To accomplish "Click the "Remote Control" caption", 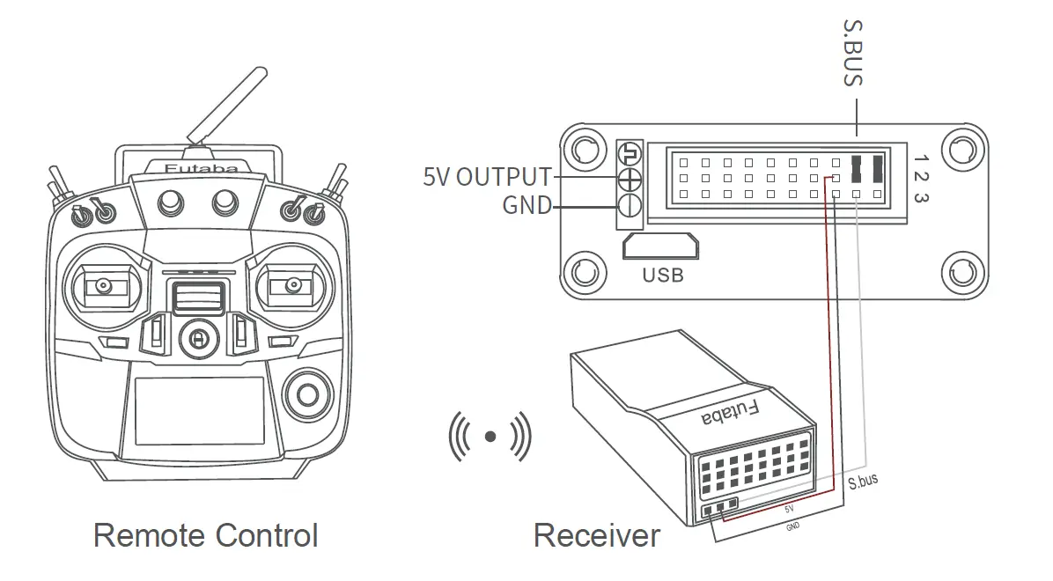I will (x=205, y=535).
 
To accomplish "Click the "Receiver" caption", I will (x=596, y=535).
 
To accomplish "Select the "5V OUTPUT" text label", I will (x=487, y=177).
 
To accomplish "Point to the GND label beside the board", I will (x=526, y=206).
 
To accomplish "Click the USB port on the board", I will (x=660, y=247).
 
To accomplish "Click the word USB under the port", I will (x=662, y=276).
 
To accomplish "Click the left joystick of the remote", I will (x=104, y=285).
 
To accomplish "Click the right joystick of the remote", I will (x=287, y=285).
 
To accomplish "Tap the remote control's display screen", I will (x=198, y=410).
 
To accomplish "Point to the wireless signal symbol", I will (x=490, y=435).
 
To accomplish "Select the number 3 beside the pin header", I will (x=921, y=197).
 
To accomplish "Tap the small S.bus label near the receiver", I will (x=863, y=481).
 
